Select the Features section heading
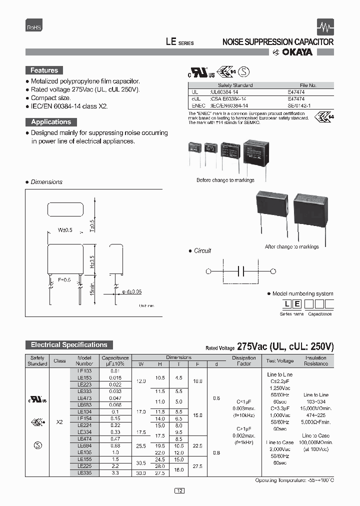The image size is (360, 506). coord(44,70)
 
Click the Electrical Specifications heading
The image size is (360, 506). coord(69,345)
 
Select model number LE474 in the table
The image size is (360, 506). coord(84,438)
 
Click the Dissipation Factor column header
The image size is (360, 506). coord(244,360)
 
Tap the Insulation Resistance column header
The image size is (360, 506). coord(315,360)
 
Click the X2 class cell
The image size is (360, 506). coord(59,422)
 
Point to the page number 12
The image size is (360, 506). coord(180,491)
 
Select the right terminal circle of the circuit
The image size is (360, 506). coord(273,271)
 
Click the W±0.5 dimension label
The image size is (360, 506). coord(65,230)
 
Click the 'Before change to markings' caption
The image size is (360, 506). coord(225,180)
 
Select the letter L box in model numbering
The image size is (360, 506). coord(286,304)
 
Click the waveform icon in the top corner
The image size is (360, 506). coord(325,27)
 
